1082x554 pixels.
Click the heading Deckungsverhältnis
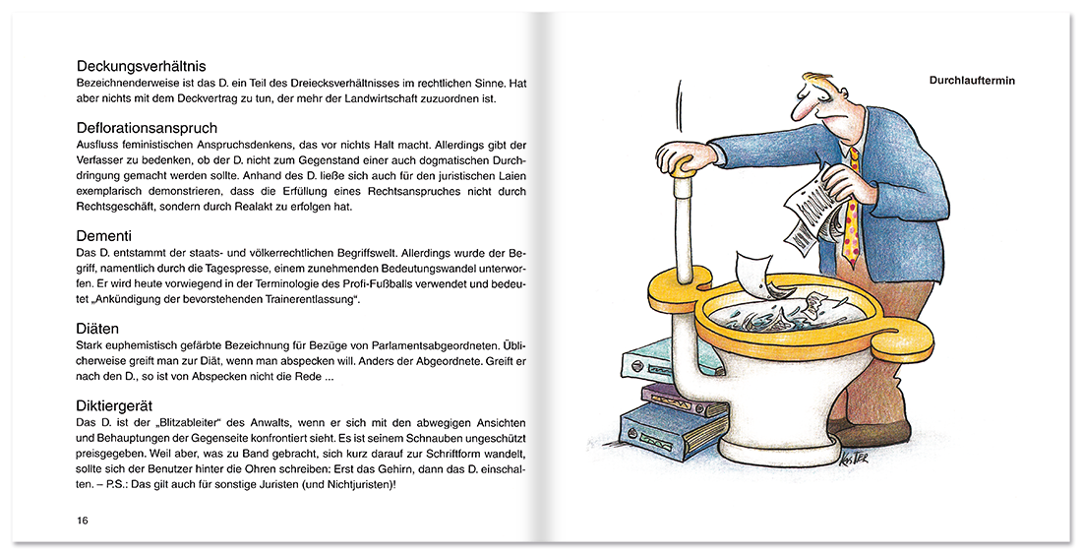coord(142,66)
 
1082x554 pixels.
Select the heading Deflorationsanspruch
coord(147,128)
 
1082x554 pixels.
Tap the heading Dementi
coord(104,236)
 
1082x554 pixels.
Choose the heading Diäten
coord(98,328)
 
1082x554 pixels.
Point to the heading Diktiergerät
coord(114,405)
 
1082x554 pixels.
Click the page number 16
coord(82,521)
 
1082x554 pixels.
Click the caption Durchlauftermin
coord(972,81)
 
